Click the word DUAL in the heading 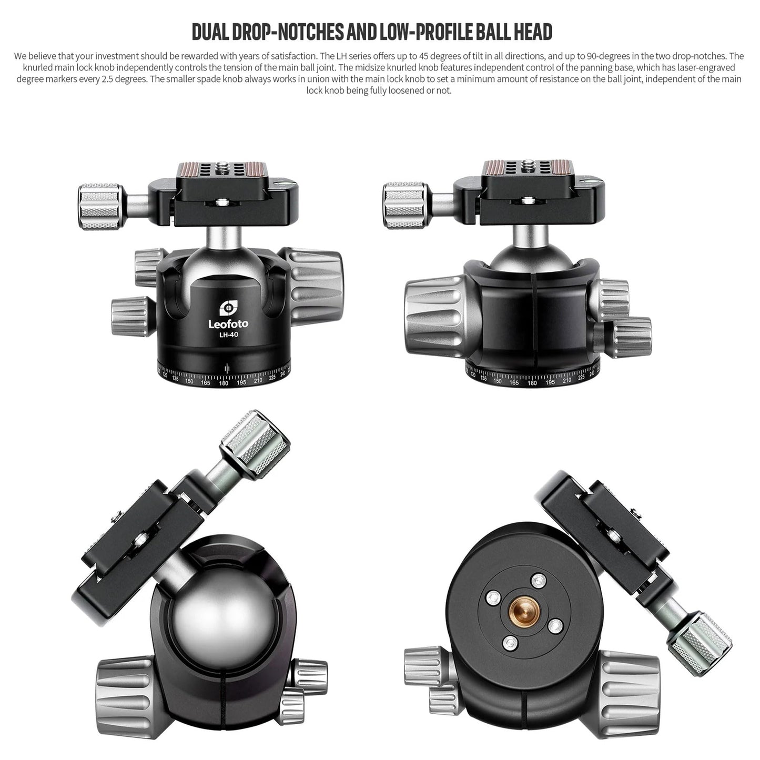210,32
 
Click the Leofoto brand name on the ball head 228,324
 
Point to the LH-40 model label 229,335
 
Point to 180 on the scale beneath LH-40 224,383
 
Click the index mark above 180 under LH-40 227,368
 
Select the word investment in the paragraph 117,56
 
